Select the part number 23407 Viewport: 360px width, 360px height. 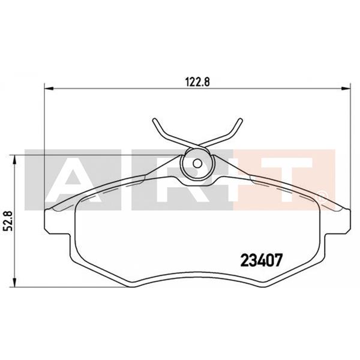click(261, 260)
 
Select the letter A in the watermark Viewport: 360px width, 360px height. click(72, 180)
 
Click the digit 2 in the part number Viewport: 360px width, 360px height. click(244, 260)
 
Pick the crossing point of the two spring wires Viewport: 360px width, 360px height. click(197, 145)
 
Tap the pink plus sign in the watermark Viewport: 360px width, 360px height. click(246, 180)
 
